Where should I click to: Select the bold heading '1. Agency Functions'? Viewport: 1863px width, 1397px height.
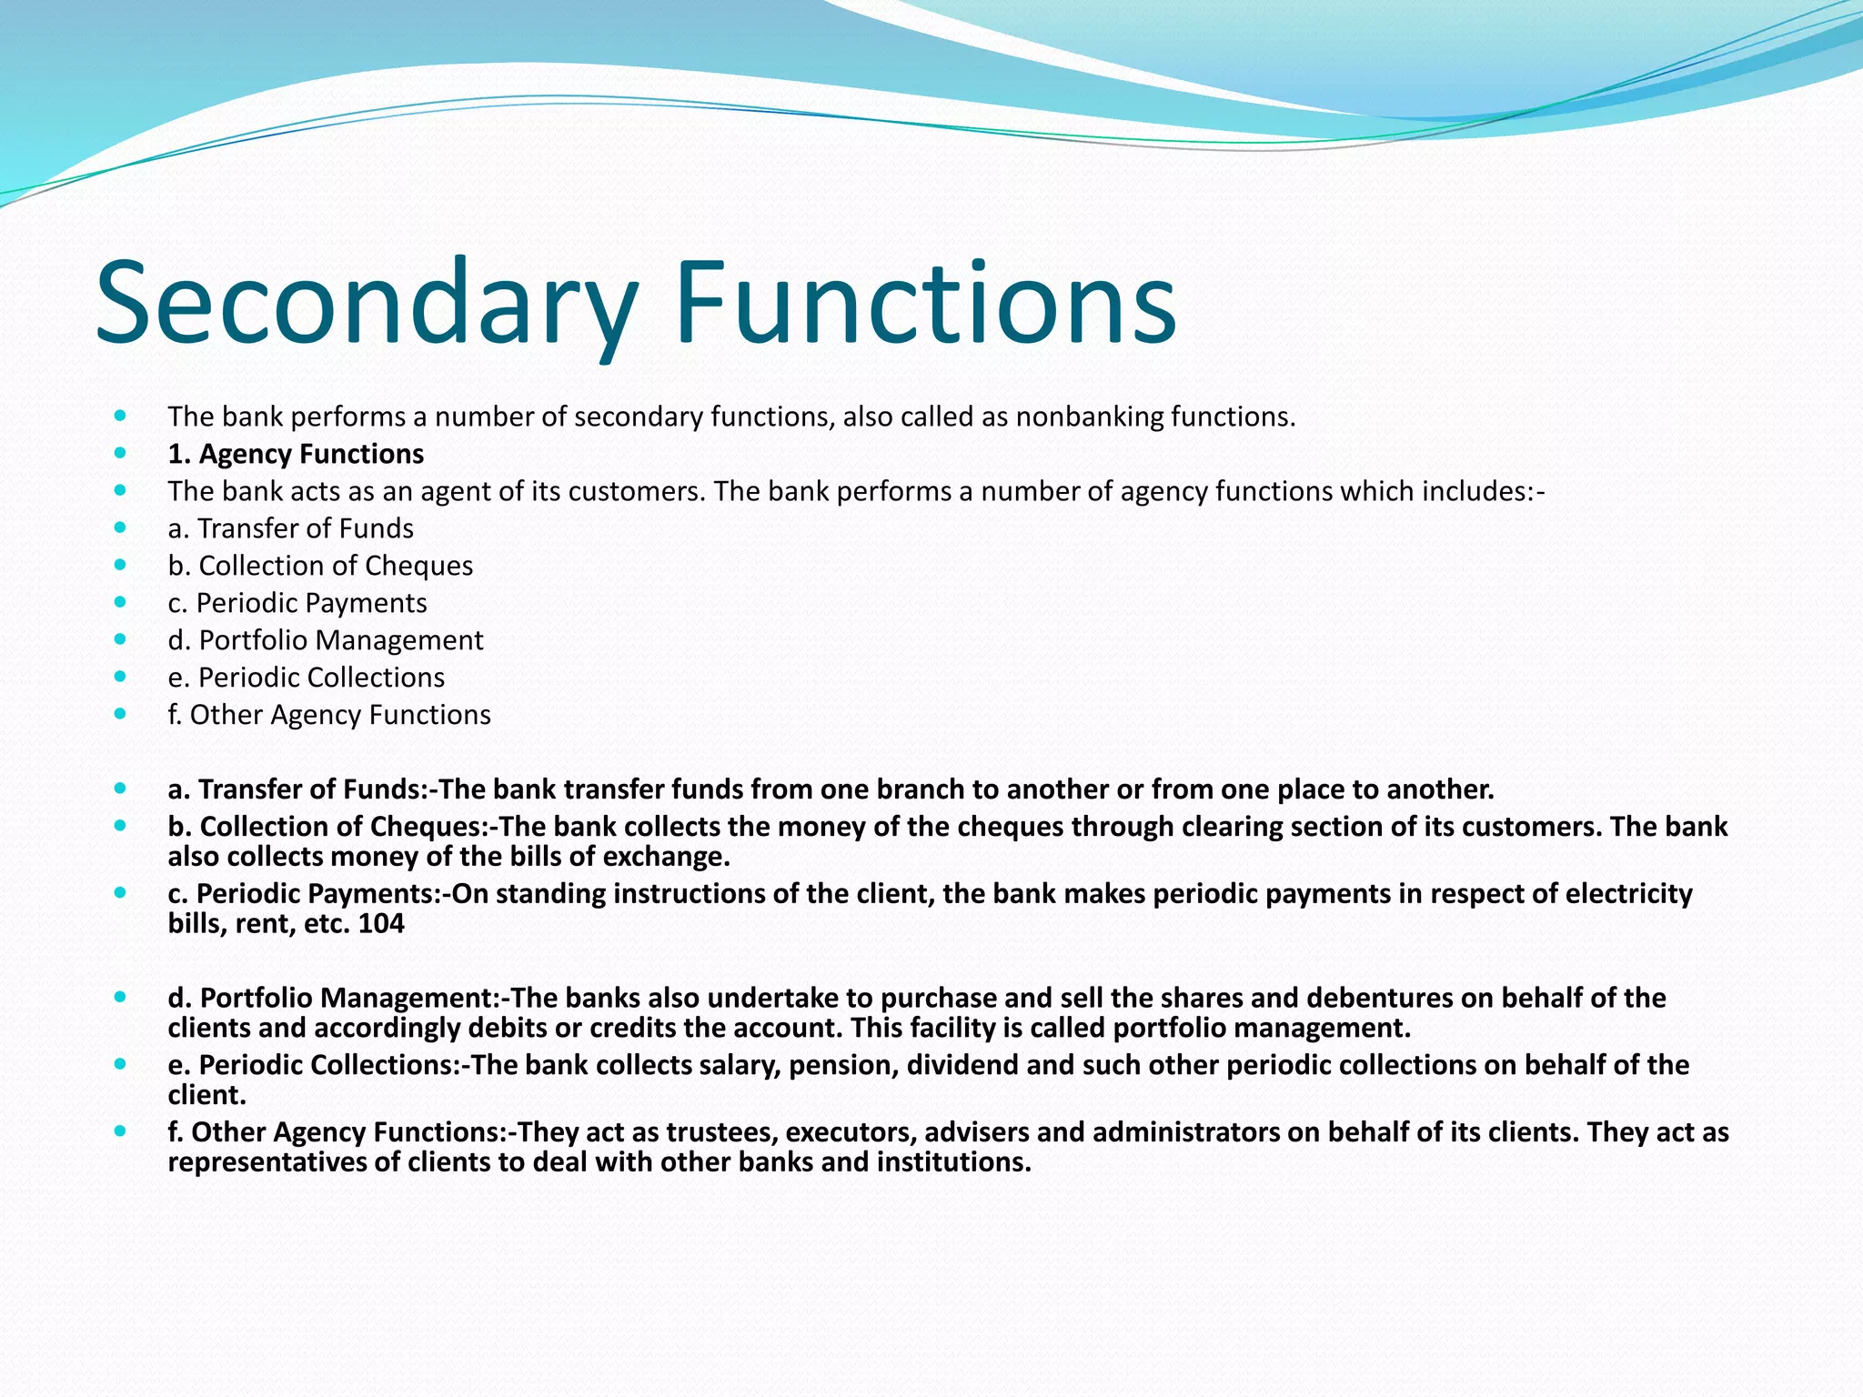tap(296, 454)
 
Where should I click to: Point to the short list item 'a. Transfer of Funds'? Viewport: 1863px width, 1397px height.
tap(290, 528)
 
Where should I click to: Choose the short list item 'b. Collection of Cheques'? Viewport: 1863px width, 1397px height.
tap(320, 566)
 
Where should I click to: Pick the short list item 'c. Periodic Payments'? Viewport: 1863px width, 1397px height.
tap(297, 603)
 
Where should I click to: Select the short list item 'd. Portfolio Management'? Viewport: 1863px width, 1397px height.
tap(326, 640)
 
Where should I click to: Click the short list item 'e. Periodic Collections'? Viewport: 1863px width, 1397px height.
tap(307, 678)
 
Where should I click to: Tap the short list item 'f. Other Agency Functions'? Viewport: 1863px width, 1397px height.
tap(329, 715)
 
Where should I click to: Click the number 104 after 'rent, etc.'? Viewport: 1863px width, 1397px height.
tap(381, 924)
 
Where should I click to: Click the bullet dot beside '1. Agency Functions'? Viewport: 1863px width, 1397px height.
tap(121, 453)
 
